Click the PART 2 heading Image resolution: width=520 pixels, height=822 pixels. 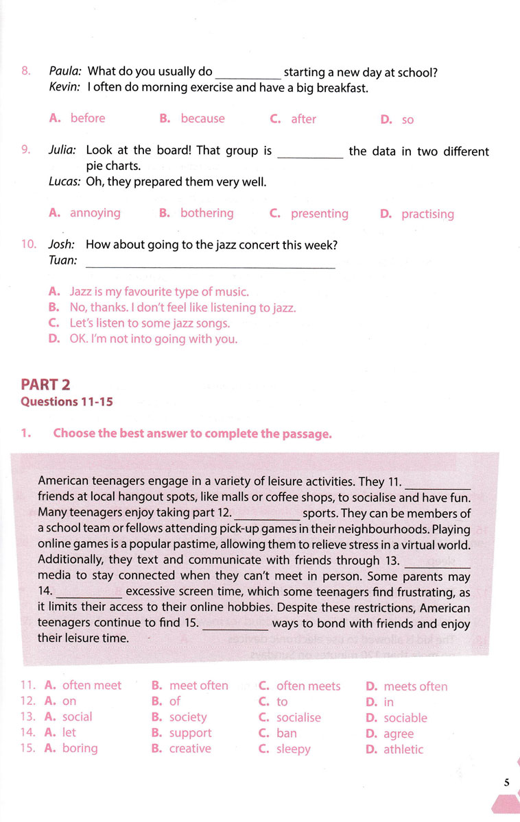[x=46, y=385]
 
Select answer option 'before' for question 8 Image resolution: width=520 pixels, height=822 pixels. [x=87, y=119]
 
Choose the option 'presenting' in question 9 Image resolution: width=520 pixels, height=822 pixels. [x=319, y=214]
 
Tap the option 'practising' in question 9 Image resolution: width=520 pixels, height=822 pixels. [x=427, y=214]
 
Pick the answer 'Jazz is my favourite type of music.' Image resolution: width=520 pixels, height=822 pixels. [x=159, y=292]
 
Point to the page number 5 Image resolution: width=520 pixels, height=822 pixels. [x=506, y=782]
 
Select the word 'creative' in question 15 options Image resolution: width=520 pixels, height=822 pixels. [x=190, y=749]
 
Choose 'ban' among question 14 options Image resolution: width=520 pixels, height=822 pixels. [x=287, y=733]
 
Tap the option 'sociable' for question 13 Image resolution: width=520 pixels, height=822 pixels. [x=405, y=718]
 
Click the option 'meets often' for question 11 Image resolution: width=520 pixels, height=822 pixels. [x=415, y=686]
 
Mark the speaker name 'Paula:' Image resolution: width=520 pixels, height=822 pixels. [x=66, y=71]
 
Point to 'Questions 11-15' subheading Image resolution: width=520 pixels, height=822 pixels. [x=67, y=402]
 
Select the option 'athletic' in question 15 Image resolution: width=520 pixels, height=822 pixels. [x=403, y=749]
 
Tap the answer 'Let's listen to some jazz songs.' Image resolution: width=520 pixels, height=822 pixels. [x=150, y=323]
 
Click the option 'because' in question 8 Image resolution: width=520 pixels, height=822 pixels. [x=202, y=119]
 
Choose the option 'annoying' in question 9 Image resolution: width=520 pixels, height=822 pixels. [x=95, y=213]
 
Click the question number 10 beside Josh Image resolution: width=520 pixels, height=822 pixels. [x=29, y=245]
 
